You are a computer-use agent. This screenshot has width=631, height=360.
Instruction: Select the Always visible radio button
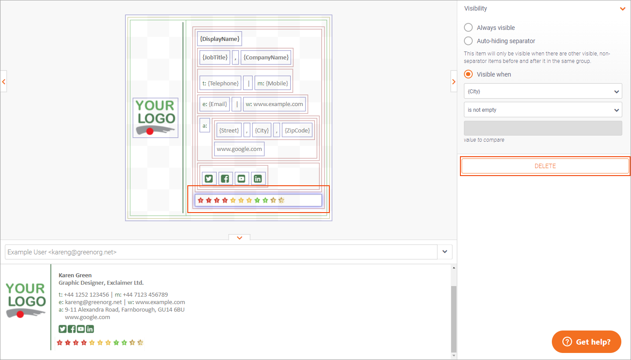468,28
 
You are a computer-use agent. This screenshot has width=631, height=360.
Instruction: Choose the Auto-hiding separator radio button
468,41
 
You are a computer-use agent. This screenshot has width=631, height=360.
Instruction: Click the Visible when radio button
468,74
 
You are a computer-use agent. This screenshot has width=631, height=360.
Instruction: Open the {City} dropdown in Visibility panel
543,91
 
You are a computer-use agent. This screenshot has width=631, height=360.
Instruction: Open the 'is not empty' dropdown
543,110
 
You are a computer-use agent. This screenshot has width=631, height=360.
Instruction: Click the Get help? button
586,342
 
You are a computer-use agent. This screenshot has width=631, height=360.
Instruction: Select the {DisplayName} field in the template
219,39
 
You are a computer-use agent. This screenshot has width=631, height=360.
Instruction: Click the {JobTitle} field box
215,57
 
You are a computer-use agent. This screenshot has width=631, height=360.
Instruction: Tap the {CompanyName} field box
266,57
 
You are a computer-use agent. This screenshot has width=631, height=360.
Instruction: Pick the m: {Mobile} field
272,83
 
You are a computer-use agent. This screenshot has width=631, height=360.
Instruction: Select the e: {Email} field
215,104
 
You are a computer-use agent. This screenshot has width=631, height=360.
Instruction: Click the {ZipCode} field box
297,130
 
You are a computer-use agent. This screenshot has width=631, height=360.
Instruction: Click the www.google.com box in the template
239,149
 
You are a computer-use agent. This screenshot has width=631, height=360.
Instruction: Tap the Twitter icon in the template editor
209,178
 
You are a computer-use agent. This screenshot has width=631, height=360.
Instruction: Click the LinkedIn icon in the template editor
258,178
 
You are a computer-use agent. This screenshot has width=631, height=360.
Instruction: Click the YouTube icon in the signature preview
80,329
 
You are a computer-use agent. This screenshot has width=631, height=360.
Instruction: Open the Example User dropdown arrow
445,252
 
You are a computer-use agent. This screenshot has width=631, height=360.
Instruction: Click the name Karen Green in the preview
75,275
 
